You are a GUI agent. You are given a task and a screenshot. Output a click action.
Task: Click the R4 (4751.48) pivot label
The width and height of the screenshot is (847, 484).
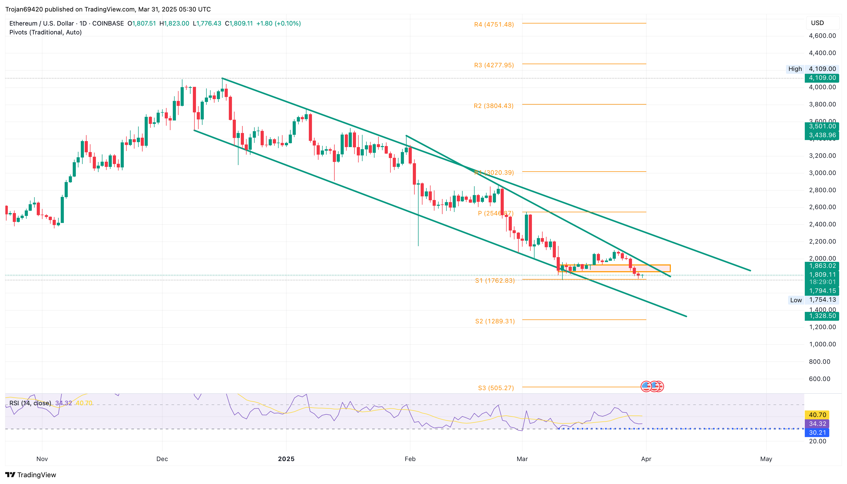494,25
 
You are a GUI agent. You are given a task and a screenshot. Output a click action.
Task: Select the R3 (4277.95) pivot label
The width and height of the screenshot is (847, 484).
494,65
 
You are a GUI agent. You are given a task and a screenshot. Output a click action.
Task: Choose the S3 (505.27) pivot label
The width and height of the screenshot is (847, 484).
496,388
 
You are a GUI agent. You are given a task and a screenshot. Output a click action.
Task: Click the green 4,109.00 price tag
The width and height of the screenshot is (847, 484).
822,78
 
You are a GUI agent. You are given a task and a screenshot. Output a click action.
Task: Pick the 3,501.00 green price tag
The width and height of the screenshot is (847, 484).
822,126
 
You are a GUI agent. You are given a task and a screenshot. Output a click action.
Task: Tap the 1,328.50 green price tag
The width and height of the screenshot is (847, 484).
822,316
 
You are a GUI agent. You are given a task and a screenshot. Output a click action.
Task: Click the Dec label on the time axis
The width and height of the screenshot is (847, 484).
162,459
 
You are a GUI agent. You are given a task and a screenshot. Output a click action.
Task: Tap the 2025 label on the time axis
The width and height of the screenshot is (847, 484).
286,459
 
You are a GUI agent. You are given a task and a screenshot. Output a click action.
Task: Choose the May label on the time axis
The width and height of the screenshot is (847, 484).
766,459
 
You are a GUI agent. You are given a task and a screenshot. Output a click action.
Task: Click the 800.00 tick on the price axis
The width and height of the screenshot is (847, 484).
819,362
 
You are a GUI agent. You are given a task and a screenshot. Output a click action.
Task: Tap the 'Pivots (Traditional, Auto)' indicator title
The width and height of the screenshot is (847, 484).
46,32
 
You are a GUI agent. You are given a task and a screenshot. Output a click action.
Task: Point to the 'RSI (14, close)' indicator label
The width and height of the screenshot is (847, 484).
30,403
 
